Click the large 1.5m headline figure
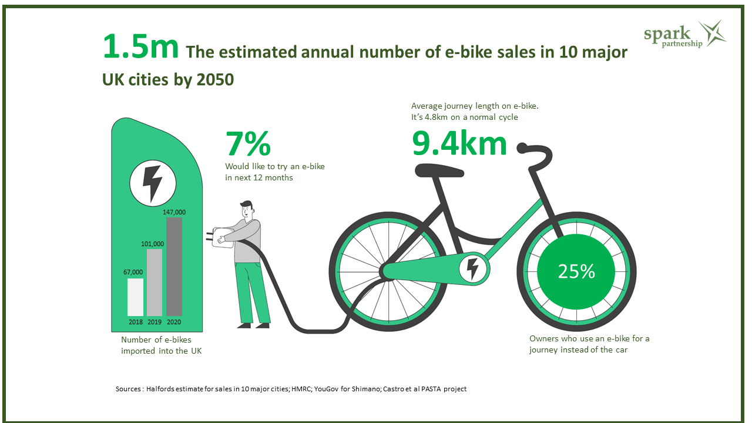(140, 47)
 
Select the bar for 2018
(135, 297)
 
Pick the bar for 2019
(155, 283)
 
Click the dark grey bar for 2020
(174, 267)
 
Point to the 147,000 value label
(174, 212)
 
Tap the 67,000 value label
(133, 272)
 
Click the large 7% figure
(248, 143)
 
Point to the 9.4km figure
(459, 143)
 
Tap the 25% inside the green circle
(576, 271)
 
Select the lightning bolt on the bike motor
(472, 268)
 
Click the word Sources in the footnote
(129, 389)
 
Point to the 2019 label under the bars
(155, 322)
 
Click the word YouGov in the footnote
(317, 389)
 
